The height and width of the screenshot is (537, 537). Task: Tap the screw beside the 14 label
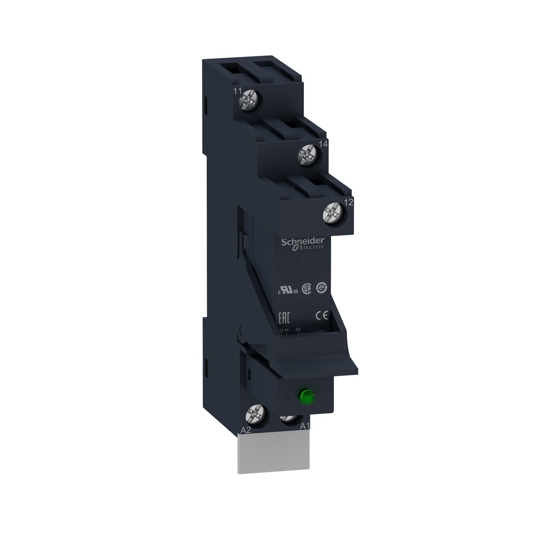click(x=309, y=157)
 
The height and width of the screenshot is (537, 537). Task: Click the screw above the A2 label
click(x=256, y=414)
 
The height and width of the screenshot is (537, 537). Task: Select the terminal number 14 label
click(x=323, y=144)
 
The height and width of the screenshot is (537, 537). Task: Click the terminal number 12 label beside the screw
click(x=347, y=202)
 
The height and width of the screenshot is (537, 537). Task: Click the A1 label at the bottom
click(x=304, y=426)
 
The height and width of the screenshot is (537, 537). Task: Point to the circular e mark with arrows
click(x=322, y=287)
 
